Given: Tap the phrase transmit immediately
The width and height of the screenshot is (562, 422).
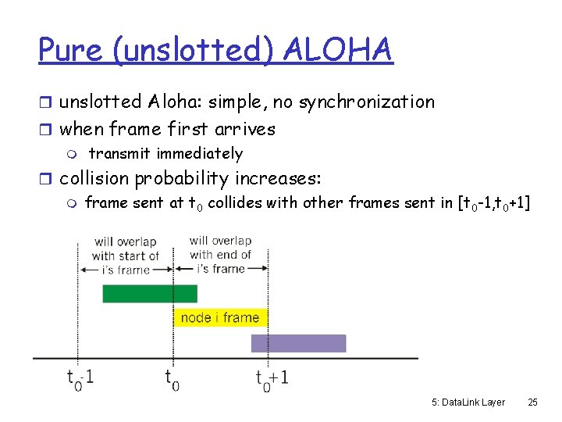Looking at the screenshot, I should [165, 154].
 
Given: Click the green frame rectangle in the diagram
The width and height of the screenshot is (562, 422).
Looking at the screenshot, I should [150, 294].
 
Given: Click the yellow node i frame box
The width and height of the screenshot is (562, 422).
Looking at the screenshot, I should [220, 317].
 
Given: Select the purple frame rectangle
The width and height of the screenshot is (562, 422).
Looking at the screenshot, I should [298, 343].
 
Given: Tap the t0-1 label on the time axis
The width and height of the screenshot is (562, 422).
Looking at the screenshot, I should [80, 378].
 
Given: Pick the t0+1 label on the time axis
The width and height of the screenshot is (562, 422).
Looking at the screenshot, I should [272, 379].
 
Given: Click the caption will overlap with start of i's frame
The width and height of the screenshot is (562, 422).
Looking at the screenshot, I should [125, 256].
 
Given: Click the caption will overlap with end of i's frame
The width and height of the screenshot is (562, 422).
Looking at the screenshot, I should [220, 254].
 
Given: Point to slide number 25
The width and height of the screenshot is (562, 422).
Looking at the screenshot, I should [533, 402].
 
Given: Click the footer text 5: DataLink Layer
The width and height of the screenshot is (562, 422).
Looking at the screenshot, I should [468, 402].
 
